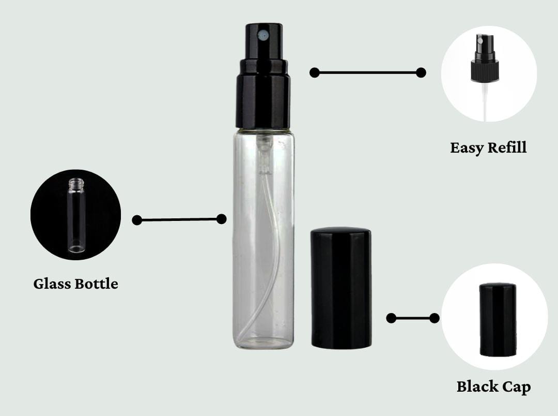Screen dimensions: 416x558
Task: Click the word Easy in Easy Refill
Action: pos(466,148)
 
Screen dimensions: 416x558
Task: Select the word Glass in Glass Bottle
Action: pos(53,284)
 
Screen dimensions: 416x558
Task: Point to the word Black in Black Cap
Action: pos(476,387)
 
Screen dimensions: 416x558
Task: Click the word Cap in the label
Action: pos(517,387)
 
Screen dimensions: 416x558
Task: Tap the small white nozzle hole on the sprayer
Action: pos(263,36)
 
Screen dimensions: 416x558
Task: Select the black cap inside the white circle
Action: pos(497,320)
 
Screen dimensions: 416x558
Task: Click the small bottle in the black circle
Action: pos(76,215)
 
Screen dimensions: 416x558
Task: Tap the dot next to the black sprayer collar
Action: pos(314,72)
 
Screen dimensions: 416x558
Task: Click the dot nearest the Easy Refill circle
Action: pos(421,72)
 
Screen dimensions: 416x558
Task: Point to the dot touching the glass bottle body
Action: pos(221,219)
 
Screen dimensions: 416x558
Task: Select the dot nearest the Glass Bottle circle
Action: pos(137,220)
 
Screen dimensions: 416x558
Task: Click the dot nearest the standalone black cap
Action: pos(391,318)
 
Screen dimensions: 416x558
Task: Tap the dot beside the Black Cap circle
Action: pos(435,318)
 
